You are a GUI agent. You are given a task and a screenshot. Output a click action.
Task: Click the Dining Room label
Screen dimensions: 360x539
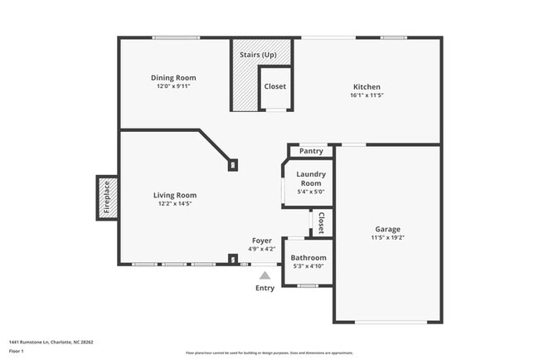tap(174, 78)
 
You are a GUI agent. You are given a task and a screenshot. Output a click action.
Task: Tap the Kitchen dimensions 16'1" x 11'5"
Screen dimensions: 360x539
tap(366, 95)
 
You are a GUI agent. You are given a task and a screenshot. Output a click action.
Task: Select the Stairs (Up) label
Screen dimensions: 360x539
tap(258, 55)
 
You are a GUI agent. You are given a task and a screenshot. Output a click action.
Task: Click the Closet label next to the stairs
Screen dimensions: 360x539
tap(274, 86)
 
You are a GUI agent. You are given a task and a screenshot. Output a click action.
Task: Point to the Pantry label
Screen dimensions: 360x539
tap(311, 151)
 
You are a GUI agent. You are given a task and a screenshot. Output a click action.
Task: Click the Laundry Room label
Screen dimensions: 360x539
tap(311, 178)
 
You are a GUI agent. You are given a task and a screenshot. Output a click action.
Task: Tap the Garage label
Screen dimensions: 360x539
tap(387, 229)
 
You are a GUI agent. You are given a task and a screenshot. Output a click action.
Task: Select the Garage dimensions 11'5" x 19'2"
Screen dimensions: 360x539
tap(387, 237)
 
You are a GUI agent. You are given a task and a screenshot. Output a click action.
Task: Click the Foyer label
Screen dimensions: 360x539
tap(262, 241)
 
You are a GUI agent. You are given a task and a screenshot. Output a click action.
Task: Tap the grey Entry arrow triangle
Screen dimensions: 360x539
tap(265, 275)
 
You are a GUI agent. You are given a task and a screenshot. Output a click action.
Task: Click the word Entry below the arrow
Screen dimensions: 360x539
tap(265, 288)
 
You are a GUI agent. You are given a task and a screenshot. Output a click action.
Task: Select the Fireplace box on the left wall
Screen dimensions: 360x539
tap(106, 197)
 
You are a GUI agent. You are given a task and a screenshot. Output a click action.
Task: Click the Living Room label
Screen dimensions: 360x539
tap(174, 195)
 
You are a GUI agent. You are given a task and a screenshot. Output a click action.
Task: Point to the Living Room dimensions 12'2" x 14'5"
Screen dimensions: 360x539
tap(174, 203)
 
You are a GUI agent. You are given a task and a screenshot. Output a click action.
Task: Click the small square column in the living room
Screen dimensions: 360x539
tap(234, 164)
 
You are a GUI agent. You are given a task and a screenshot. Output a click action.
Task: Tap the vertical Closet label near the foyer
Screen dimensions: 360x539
tap(321, 222)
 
